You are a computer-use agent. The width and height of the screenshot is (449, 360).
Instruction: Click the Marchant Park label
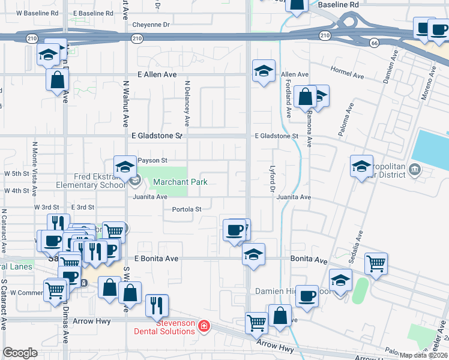[x=180, y=182]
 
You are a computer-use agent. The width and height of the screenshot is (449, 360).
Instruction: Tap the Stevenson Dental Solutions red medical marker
[x=204, y=326]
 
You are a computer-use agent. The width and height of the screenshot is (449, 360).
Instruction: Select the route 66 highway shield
[x=374, y=43]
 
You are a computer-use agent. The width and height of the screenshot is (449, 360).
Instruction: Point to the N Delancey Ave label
[x=187, y=103]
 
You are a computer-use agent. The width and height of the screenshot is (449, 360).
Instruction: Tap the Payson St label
[x=152, y=161]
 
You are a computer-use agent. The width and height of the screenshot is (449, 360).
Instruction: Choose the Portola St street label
[x=187, y=209]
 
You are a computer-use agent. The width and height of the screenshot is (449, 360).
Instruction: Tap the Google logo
[x=20, y=353]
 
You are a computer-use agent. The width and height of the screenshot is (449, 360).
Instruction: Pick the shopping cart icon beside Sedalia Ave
[x=376, y=262]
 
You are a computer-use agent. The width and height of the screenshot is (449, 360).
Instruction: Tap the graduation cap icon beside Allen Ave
[x=264, y=71]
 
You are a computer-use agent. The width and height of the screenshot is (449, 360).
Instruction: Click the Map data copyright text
[x=422, y=355]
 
